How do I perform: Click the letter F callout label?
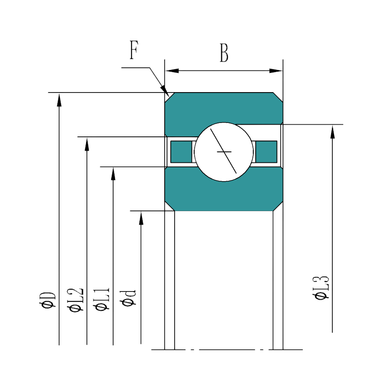[x=134, y=50]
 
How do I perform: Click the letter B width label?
[x=224, y=53]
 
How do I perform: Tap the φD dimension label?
[x=48, y=299]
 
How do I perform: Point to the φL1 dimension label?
[x=102, y=299]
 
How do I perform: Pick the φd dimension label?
[x=129, y=298]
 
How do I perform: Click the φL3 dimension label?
[x=321, y=288]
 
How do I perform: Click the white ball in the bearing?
[x=224, y=152]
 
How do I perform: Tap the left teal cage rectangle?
[x=181, y=152]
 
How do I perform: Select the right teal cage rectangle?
[x=266, y=152]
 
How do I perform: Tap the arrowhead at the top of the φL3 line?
[x=332, y=131]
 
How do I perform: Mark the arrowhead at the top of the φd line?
[x=141, y=218]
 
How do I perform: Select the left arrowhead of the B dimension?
[x=172, y=71]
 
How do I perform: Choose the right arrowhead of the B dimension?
[x=276, y=71]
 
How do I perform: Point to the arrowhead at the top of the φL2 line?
[x=87, y=144]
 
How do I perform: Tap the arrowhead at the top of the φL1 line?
[x=113, y=174]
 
